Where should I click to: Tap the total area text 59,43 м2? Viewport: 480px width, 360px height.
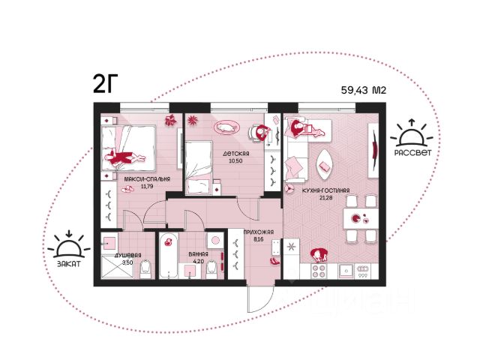364,90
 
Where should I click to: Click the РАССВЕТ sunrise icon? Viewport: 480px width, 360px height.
412,133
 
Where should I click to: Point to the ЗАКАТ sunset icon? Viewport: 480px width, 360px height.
69,244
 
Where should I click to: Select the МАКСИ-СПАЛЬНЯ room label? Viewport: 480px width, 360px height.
147,179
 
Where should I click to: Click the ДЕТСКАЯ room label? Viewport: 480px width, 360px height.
235,154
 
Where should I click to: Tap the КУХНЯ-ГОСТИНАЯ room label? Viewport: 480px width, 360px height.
325,190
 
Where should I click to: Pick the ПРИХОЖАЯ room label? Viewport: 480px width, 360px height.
259,232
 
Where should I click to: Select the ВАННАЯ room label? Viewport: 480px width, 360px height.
198,254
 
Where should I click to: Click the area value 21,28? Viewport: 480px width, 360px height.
325,198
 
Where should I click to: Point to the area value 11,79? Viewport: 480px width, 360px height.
147,186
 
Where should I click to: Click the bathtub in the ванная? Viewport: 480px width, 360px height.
169,256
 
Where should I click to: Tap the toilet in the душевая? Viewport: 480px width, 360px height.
145,269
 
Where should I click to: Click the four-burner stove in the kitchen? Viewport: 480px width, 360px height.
319,271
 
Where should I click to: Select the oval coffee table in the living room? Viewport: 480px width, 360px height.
325,165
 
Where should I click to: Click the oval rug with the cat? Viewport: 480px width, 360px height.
226,127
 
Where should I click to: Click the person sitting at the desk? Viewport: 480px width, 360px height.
261,132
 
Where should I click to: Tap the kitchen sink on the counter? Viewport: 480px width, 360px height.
346,271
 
